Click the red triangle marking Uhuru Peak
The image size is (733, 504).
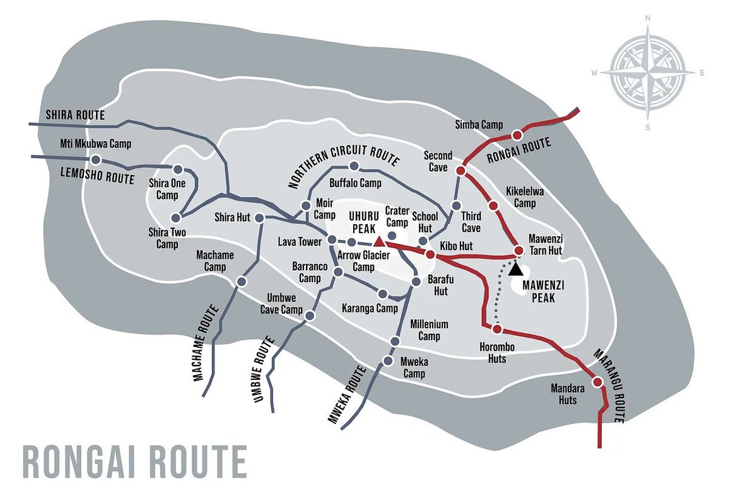(378, 241)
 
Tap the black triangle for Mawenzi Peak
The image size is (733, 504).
(516, 269)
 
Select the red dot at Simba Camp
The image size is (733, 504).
(517, 134)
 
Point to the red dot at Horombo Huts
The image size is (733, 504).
(497, 329)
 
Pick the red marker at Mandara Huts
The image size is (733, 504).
(597, 381)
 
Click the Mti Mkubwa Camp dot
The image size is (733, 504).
(96, 159)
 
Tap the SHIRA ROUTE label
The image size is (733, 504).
(75, 115)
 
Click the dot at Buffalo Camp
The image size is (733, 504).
(354, 167)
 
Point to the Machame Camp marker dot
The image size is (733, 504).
(240, 281)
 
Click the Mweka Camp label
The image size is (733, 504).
(414, 368)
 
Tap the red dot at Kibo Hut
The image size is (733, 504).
(430, 255)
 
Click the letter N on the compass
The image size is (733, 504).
(648, 18)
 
